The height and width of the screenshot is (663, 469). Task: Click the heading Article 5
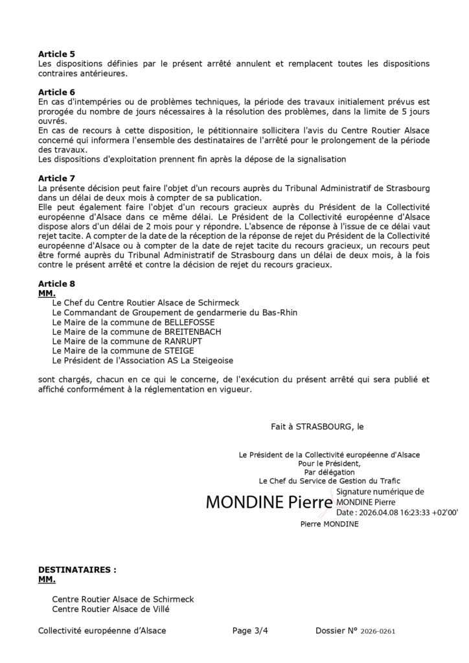click(56, 54)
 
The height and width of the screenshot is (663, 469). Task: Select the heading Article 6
click(56, 92)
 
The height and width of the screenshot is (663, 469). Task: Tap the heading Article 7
click(56, 177)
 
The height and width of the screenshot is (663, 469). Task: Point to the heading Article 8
click(56, 284)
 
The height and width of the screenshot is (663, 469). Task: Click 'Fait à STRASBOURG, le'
click(318, 427)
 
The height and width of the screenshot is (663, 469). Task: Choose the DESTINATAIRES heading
click(77, 570)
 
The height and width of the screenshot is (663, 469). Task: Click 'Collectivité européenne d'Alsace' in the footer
click(102, 630)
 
